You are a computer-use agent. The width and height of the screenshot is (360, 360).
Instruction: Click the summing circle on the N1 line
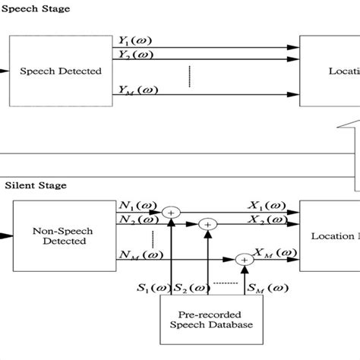(x=173, y=213)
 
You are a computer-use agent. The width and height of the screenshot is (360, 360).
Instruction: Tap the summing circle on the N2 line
(x=207, y=225)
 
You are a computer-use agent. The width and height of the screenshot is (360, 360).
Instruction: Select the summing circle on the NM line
(x=245, y=259)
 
